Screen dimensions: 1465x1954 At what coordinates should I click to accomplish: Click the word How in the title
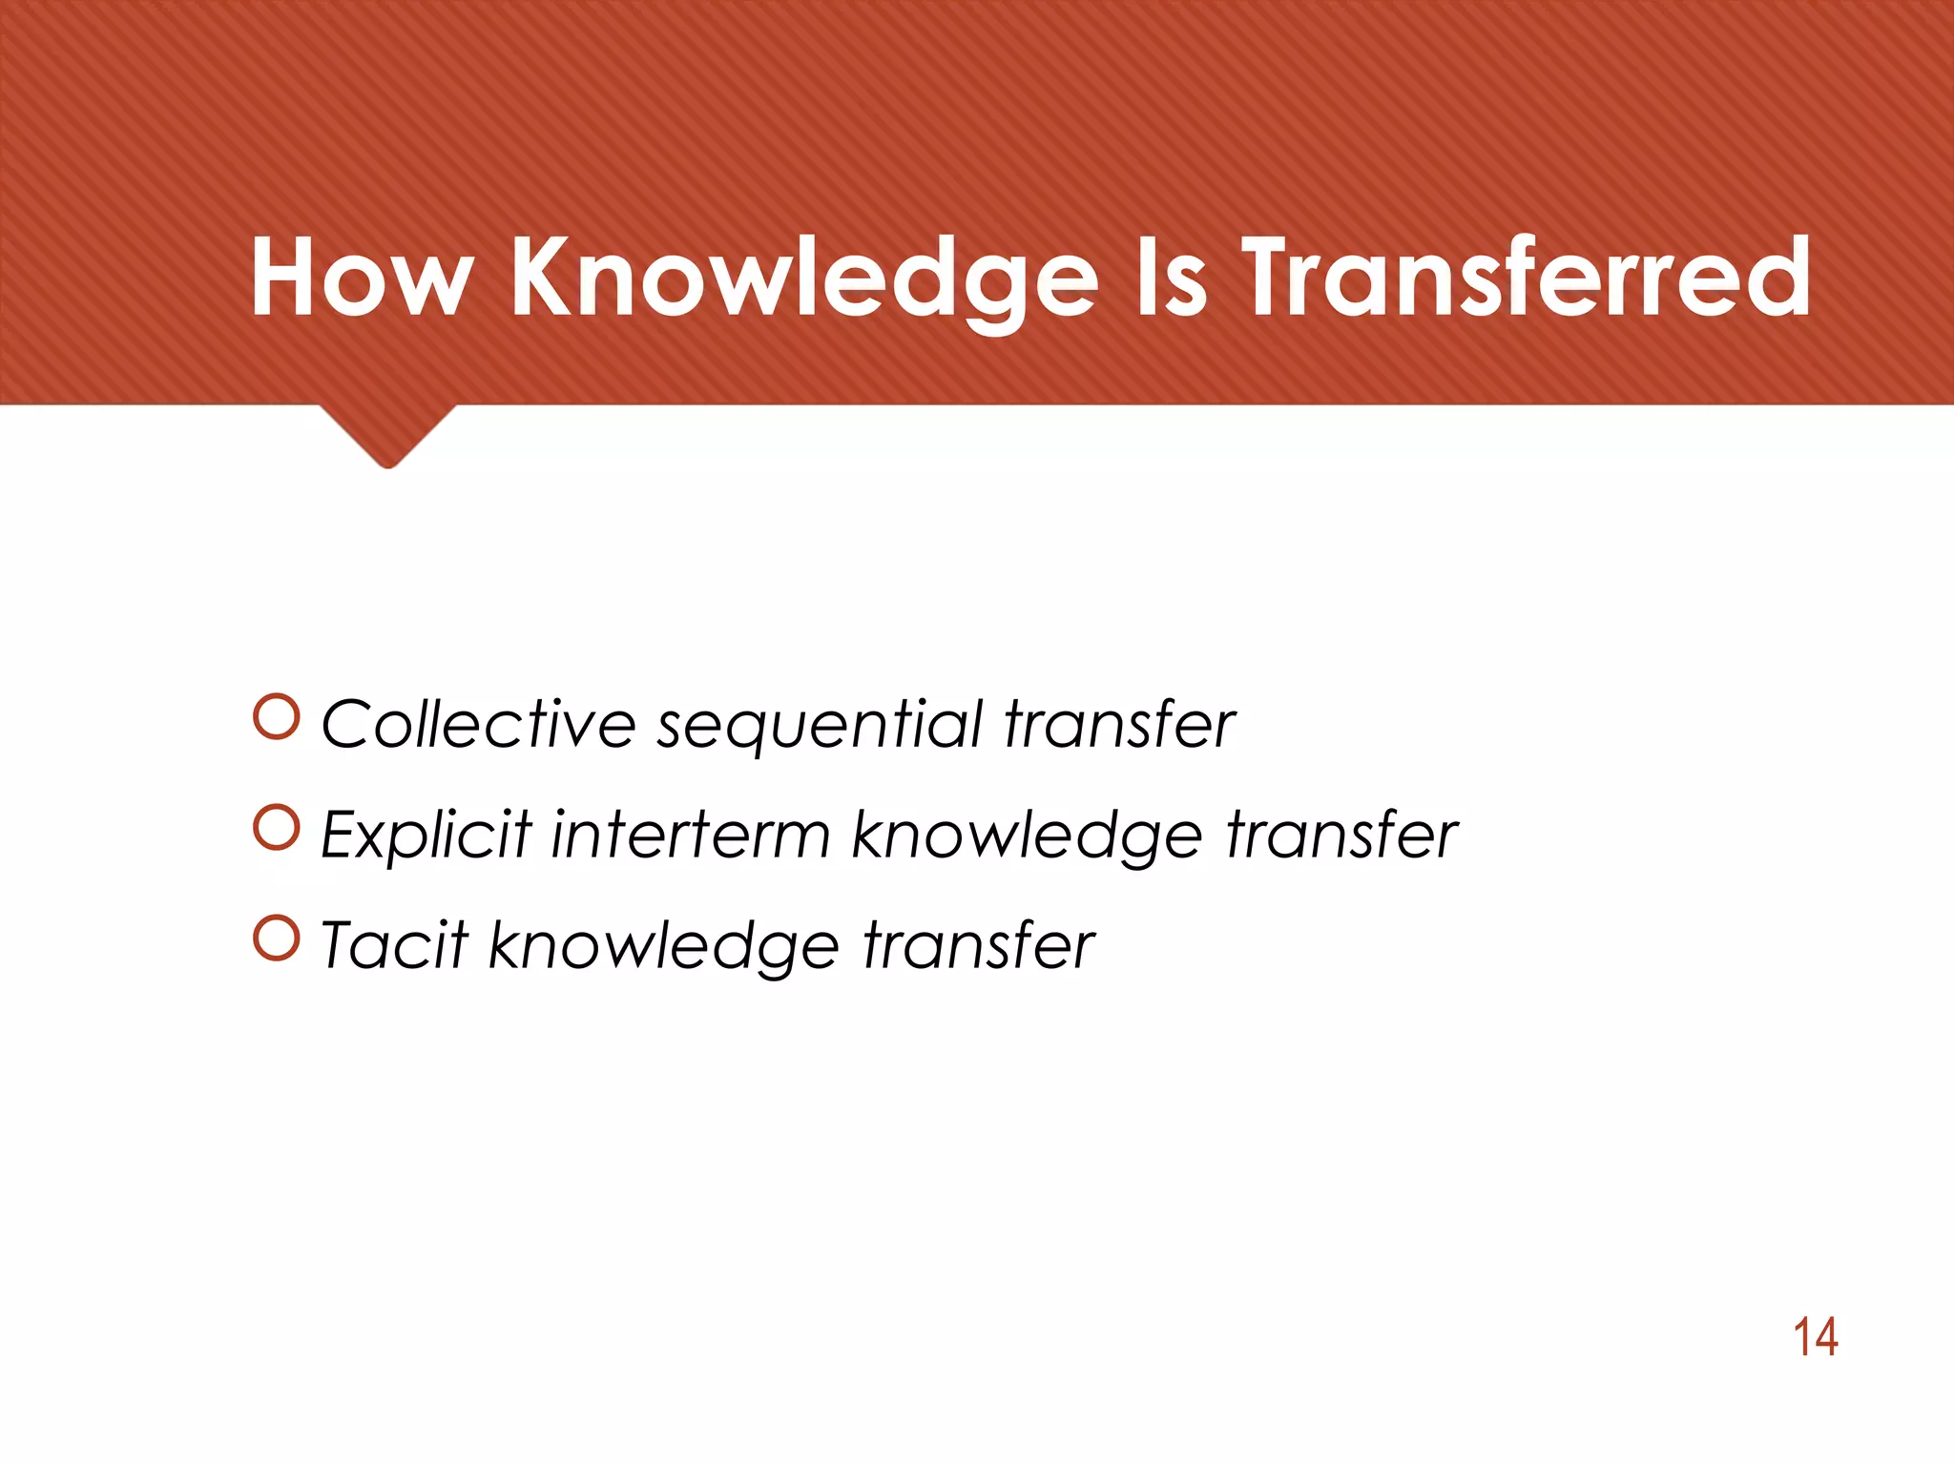(362, 278)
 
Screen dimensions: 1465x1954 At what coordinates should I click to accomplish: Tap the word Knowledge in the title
(804, 278)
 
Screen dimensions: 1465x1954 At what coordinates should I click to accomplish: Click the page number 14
(1815, 1337)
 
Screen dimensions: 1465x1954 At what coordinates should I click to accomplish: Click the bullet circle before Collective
(278, 717)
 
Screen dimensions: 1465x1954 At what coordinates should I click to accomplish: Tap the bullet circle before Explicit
(278, 828)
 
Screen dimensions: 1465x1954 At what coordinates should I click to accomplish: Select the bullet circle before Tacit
(278, 939)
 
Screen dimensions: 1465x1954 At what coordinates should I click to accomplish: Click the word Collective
(478, 724)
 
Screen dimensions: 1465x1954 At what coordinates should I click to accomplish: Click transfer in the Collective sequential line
(1120, 724)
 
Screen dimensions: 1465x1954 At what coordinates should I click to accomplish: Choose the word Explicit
(426, 836)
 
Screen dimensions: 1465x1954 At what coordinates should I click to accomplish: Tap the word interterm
(691, 835)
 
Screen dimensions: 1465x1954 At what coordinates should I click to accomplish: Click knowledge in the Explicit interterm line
(1027, 836)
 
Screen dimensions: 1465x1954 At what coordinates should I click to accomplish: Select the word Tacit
(394, 945)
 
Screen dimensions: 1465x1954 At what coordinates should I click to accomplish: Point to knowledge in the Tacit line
(664, 947)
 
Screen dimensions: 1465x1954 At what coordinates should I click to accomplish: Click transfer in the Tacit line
(979, 945)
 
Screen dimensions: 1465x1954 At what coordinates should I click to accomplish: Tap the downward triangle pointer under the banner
(387, 434)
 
